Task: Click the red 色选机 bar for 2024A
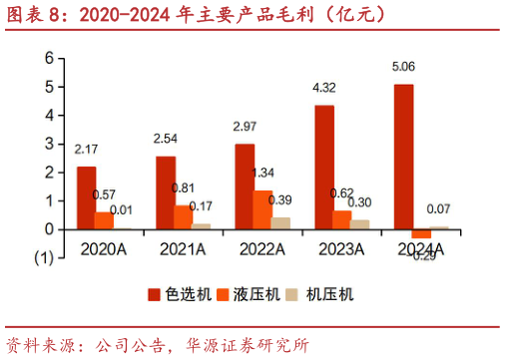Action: click(402, 157)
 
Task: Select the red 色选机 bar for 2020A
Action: click(87, 197)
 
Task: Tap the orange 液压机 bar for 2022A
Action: click(262, 209)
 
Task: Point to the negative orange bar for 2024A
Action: click(421, 233)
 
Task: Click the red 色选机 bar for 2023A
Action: click(323, 167)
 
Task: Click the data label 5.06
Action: click(403, 67)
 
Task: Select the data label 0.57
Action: click(105, 193)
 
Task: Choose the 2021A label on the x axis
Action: click(183, 246)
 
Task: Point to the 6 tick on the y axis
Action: click(47, 59)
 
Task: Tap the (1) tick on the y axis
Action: click(44, 257)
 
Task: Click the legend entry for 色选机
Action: click(174, 294)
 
